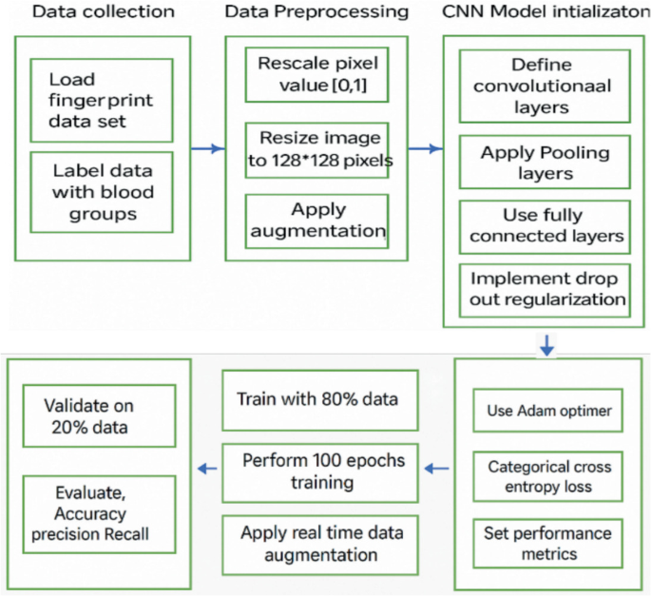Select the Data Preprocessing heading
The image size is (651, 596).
click(x=316, y=13)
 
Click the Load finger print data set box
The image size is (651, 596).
click(x=101, y=101)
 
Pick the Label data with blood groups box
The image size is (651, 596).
click(x=101, y=191)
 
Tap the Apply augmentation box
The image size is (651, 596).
click(x=317, y=221)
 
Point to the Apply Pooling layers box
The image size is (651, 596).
click(x=545, y=163)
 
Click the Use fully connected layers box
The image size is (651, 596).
click(x=545, y=225)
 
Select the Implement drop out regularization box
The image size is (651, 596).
click(x=545, y=289)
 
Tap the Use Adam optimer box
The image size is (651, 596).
click(x=547, y=412)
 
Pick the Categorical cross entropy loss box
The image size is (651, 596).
click(x=547, y=476)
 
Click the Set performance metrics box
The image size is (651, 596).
click(x=547, y=542)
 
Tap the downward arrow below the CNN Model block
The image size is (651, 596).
click(x=546, y=344)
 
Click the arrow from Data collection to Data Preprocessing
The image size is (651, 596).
click(x=207, y=148)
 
